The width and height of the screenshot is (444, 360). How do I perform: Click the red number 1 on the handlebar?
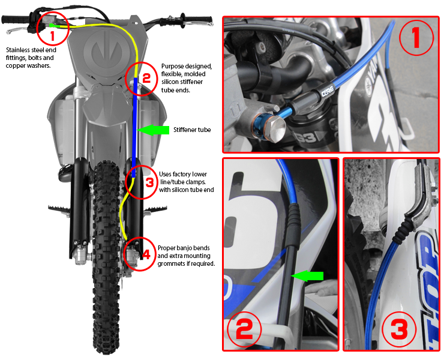point(53,35)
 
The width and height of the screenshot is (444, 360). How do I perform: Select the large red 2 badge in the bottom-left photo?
point(245,329)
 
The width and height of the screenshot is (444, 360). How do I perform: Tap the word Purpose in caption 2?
point(173,66)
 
